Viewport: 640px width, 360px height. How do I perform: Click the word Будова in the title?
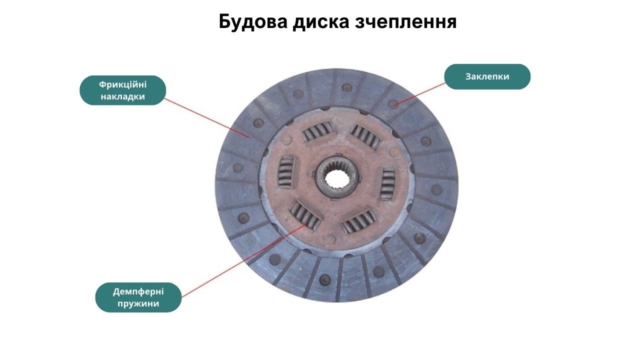(253, 21)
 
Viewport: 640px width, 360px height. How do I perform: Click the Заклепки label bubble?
(487, 76)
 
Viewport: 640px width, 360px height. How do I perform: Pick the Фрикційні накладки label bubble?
(122, 90)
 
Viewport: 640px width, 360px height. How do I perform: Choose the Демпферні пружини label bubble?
(138, 297)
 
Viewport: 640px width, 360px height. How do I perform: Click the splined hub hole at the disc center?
(337, 176)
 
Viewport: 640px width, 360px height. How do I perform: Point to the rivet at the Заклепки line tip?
(393, 103)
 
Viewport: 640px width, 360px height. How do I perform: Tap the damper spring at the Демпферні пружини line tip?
(305, 215)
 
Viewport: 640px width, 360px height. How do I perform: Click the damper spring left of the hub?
(285, 172)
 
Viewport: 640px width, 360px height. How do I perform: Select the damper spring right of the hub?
(387, 185)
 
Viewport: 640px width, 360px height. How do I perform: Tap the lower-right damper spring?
(359, 222)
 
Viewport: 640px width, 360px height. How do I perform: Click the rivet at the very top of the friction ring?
(346, 87)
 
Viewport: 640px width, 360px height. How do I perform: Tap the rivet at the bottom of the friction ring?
(324, 279)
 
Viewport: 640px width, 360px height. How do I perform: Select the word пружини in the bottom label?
(138, 303)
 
